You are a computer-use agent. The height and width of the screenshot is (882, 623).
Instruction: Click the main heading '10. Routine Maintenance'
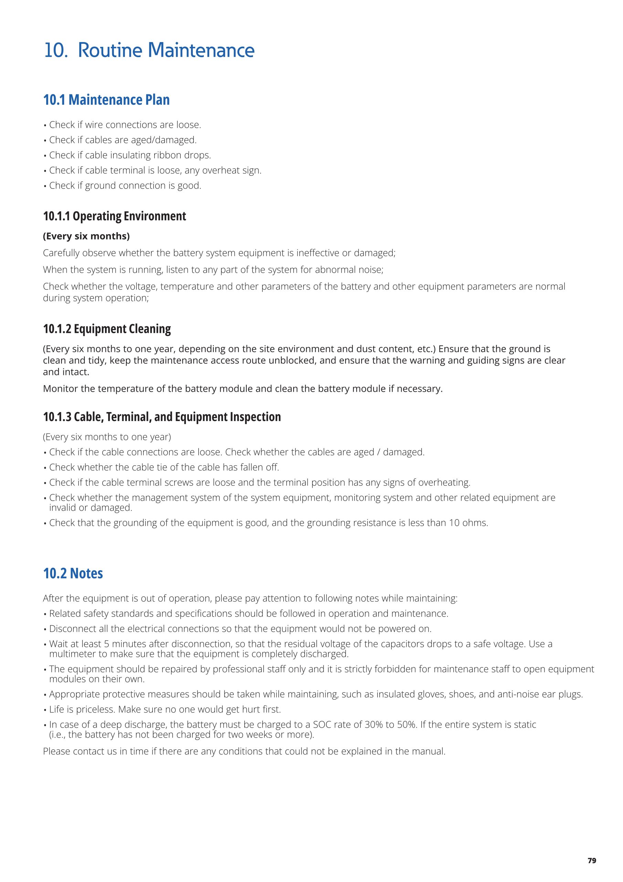149,50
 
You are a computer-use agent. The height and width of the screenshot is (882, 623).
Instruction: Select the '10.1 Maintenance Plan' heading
106,100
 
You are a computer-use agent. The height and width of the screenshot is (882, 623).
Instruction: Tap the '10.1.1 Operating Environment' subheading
114,216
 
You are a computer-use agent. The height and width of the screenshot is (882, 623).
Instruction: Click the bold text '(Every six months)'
86,236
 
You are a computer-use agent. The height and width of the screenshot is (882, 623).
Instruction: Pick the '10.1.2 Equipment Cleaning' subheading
107,329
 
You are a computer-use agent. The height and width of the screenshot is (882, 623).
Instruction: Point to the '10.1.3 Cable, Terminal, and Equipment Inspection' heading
162,417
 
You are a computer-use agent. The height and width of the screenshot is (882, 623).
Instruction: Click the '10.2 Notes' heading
73,574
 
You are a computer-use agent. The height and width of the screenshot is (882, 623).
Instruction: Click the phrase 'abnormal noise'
348,270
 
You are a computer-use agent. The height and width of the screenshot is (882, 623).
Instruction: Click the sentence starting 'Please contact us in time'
244,751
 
